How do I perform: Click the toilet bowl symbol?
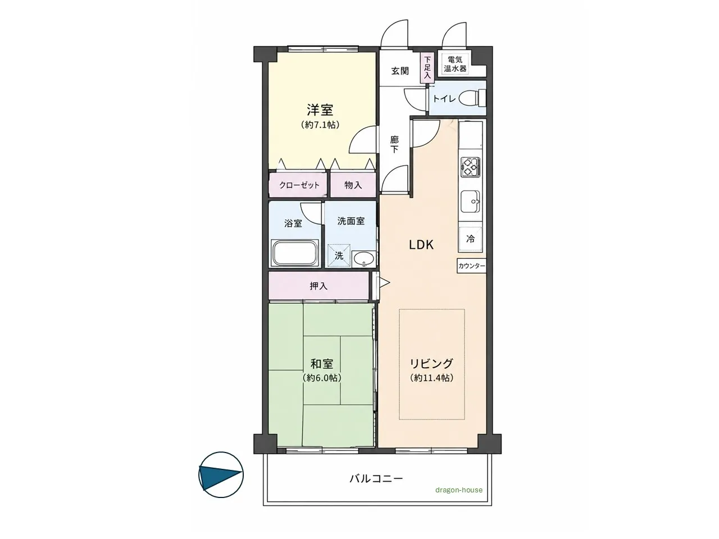[472, 98]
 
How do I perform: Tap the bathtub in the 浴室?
[294, 253]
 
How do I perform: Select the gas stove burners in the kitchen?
[470, 166]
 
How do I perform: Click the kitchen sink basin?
[470, 201]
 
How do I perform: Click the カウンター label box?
[471, 266]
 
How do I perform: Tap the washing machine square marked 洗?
[339, 255]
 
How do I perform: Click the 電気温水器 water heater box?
[455, 65]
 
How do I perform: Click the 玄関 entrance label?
[400, 71]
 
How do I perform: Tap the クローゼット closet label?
[299, 185]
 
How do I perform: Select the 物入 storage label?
[353, 185]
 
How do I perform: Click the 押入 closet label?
[318, 286]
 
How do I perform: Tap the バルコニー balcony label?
[376, 479]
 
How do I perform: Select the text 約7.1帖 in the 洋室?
[320, 125]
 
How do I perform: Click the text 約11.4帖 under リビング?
[432, 378]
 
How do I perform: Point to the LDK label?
[421, 245]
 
